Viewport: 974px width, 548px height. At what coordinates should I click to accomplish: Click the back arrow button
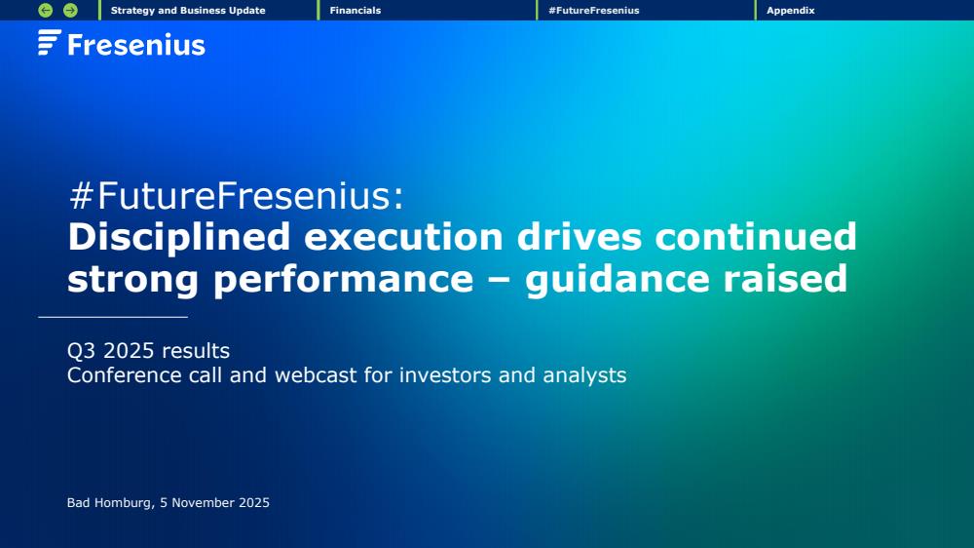[46, 10]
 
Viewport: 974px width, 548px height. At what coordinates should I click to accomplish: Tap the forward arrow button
[71, 10]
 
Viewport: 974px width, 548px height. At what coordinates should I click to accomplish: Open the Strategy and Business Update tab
[188, 11]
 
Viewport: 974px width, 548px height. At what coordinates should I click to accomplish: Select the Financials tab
[356, 11]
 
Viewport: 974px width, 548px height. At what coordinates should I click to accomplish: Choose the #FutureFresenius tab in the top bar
[594, 11]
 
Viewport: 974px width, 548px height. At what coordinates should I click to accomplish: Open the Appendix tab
[791, 11]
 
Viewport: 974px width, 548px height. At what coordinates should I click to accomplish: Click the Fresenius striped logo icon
[49, 42]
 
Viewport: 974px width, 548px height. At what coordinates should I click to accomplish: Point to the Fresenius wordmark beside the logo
[136, 45]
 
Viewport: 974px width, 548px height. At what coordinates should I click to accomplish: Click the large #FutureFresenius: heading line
[237, 195]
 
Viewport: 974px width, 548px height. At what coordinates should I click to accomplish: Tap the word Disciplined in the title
[179, 238]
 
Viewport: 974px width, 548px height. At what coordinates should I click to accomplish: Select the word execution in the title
[404, 237]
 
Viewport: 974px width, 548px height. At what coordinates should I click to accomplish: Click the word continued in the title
[756, 237]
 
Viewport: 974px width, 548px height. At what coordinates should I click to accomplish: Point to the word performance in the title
[344, 280]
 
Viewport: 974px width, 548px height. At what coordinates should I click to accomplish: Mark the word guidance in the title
[617, 280]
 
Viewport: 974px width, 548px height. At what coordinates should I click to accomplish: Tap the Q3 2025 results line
[148, 351]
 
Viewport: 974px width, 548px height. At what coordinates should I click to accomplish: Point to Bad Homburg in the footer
[109, 502]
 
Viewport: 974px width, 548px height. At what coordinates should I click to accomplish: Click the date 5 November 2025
[214, 502]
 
